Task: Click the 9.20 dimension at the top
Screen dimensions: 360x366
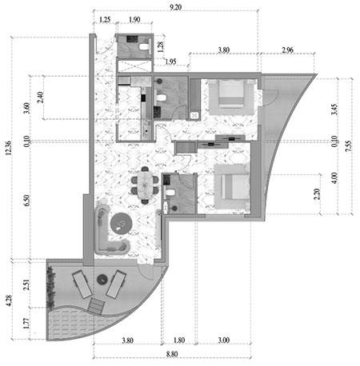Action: coord(175,7)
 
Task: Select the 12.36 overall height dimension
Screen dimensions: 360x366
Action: coord(9,148)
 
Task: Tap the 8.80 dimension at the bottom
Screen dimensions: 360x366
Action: coord(172,354)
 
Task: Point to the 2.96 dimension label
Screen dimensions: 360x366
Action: coord(287,50)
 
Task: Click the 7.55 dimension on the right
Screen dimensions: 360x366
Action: coord(349,146)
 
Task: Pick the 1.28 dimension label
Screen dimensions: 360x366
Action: coord(161,46)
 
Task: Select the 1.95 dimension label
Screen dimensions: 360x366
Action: coord(170,62)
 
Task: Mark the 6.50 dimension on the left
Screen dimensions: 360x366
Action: coord(26,201)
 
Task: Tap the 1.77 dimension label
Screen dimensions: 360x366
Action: coord(26,323)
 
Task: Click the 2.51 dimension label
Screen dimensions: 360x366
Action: coord(26,284)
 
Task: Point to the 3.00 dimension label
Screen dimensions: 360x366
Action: coord(224,340)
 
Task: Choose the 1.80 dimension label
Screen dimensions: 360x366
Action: coord(179,340)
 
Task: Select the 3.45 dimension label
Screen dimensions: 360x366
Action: coord(334,109)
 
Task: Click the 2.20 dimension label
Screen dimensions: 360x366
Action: coord(317,194)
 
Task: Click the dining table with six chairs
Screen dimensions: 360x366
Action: coord(145,185)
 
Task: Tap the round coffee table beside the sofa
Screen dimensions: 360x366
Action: coord(121,223)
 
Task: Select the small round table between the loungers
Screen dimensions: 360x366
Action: coord(102,280)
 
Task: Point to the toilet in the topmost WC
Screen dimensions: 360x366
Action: coord(144,47)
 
